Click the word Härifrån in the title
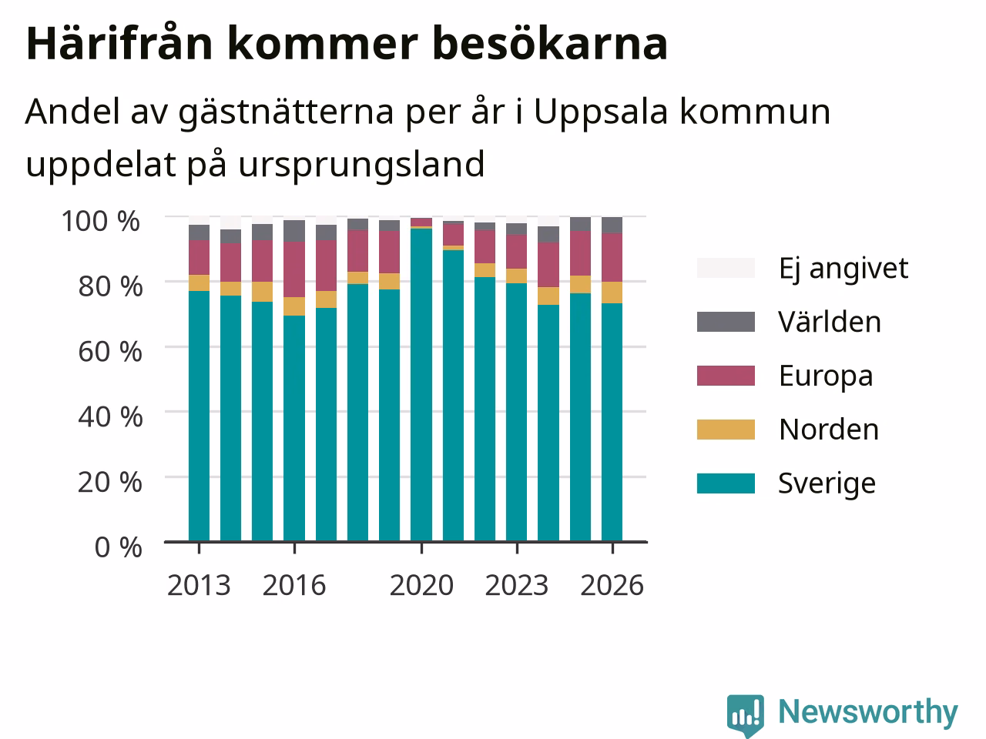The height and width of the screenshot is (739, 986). [x=119, y=44]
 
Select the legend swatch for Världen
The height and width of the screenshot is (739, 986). [x=726, y=322]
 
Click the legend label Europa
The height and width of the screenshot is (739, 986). [x=826, y=376]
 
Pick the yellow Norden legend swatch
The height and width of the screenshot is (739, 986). [x=726, y=430]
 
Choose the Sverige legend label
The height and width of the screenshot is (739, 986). [x=827, y=483]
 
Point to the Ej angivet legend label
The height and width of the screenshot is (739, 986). [x=843, y=269]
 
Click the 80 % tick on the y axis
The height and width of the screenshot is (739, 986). [x=110, y=286]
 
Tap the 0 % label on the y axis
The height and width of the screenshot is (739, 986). [x=118, y=547]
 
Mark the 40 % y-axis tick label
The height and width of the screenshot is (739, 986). [x=110, y=416]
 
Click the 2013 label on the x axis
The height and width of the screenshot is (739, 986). [x=199, y=585]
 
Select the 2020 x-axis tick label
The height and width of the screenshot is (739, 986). [x=421, y=585]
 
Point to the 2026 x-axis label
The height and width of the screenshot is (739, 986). [x=612, y=585]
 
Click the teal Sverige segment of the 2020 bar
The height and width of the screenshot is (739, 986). [x=421, y=385]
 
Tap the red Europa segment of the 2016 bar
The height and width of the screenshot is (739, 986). [x=294, y=269]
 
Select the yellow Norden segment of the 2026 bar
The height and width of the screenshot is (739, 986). [x=612, y=293]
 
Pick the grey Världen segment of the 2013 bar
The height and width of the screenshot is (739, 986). [x=199, y=232]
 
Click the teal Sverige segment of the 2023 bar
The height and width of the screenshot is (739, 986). [x=517, y=413]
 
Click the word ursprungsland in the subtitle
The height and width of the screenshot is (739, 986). [x=361, y=166]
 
